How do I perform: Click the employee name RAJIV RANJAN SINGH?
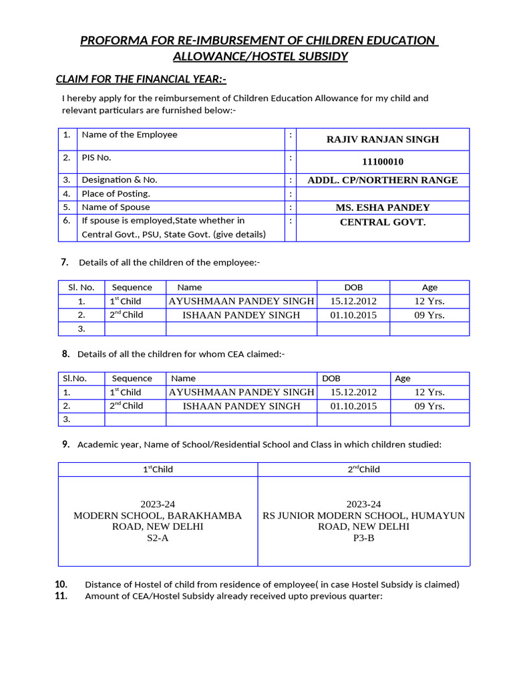tap(383, 140)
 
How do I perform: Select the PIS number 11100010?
tap(383, 162)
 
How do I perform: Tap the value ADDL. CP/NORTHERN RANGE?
tap(383, 180)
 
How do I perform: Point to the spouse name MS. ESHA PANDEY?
tap(383, 207)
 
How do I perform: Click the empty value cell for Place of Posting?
tap(383, 194)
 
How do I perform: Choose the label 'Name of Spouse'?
tap(116, 207)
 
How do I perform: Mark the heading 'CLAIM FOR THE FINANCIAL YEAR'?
tap(140, 80)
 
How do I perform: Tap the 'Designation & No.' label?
tap(120, 180)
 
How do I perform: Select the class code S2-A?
tap(158, 538)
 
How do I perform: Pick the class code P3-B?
tap(363, 538)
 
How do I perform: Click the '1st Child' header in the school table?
tap(158, 470)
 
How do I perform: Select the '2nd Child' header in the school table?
tap(363, 470)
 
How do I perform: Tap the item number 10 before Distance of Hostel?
tap(61, 584)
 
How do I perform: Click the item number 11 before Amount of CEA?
tap(61, 596)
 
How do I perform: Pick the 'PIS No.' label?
tap(96, 158)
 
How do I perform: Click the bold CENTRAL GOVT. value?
tap(383, 222)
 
